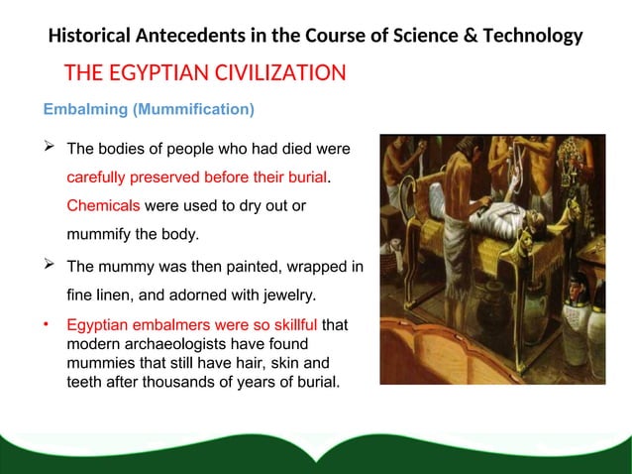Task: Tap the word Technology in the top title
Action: pyautogui.click(x=533, y=38)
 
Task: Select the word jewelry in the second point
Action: pyautogui.click(x=283, y=295)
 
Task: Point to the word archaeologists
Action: pyautogui.click(x=176, y=343)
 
